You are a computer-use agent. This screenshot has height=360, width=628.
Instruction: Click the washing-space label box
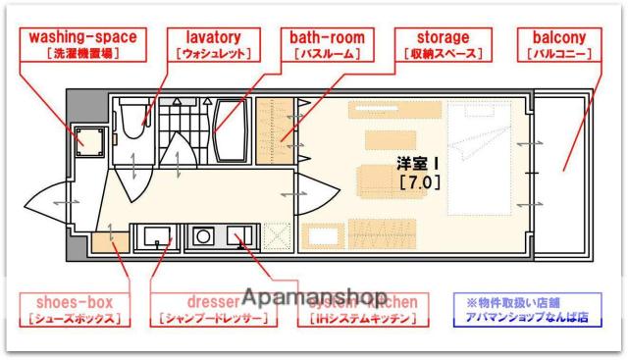click(x=81, y=44)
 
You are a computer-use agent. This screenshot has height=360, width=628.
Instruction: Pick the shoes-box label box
click(x=74, y=309)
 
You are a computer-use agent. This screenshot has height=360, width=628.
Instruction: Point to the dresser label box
click(x=211, y=309)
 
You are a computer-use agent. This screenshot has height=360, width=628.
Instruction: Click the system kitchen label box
click(x=363, y=309)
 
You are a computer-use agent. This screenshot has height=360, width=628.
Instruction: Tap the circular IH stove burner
click(x=204, y=236)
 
